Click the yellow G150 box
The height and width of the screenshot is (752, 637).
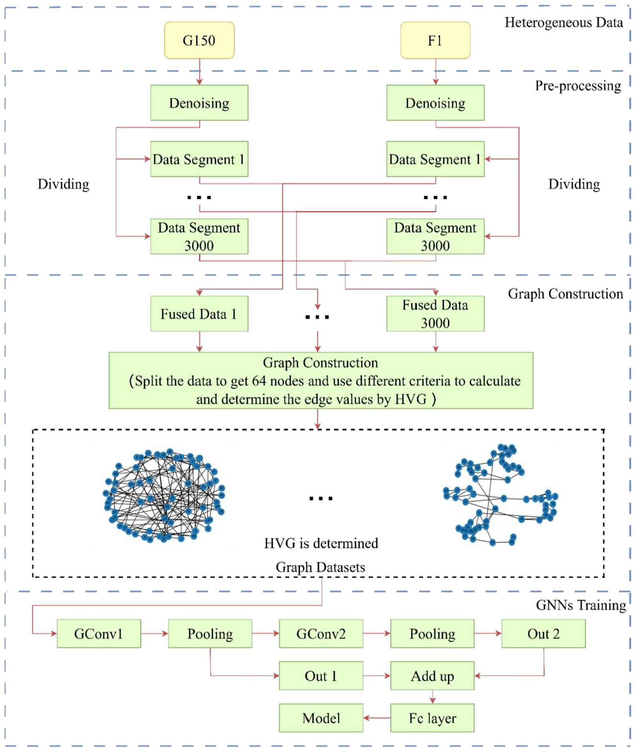click(x=199, y=40)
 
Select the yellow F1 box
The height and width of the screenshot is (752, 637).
click(x=435, y=40)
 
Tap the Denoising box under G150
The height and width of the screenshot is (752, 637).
click(x=199, y=103)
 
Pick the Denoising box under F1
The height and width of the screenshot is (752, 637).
click(x=435, y=103)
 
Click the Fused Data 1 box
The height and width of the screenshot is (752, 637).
click(x=199, y=314)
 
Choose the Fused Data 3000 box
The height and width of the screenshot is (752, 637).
click(x=435, y=314)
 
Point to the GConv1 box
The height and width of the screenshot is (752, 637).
click(x=98, y=634)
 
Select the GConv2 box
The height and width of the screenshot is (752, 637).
click(x=321, y=634)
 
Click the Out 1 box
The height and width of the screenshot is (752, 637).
click(x=321, y=676)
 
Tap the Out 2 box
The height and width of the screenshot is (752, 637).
click(x=543, y=634)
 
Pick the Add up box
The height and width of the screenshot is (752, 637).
click(x=432, y=676)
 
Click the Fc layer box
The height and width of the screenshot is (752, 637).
click(x=432, y=718)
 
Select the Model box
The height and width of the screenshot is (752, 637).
click(x=321, y=718)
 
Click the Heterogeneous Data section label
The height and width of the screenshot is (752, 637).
click(x=564, y=23)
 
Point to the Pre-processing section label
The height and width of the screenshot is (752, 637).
click(x=578, y=86)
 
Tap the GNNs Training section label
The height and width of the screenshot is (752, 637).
click(x=581, y=605)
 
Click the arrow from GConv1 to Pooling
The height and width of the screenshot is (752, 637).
click(x=154, y=634)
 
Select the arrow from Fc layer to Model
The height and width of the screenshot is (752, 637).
click(x=377, y=718)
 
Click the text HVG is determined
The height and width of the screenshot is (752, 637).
click(x=321, y=543)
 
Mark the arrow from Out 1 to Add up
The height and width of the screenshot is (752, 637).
click(x=377, y=676)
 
